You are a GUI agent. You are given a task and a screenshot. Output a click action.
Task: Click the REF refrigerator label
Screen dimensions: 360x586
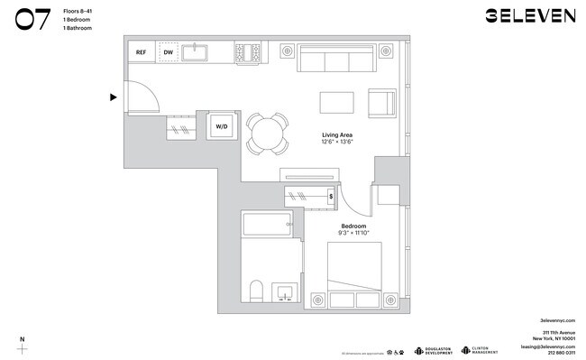pos(141,53)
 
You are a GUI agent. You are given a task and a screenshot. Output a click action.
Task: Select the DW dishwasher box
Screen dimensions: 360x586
pos(168,53)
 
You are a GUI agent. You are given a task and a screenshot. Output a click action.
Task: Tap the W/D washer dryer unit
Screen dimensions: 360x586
pos(222,127)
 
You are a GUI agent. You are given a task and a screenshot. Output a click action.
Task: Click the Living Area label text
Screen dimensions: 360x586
pos(336,134)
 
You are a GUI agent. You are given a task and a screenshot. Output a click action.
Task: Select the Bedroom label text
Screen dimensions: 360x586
pos(353,226)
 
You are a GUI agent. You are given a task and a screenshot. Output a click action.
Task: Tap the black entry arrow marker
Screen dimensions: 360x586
pos(114,97)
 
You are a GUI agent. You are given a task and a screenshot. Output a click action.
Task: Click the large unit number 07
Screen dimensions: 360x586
pos(32,19)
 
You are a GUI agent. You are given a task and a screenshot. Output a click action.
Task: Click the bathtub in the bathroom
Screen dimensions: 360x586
pos(268,224)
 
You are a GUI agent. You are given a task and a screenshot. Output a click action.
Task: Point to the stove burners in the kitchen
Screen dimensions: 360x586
pos(250,53)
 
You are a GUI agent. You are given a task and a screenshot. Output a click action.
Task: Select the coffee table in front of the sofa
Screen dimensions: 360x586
pos(336,101)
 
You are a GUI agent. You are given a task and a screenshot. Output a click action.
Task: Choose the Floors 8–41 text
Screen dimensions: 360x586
pos(78,10)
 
